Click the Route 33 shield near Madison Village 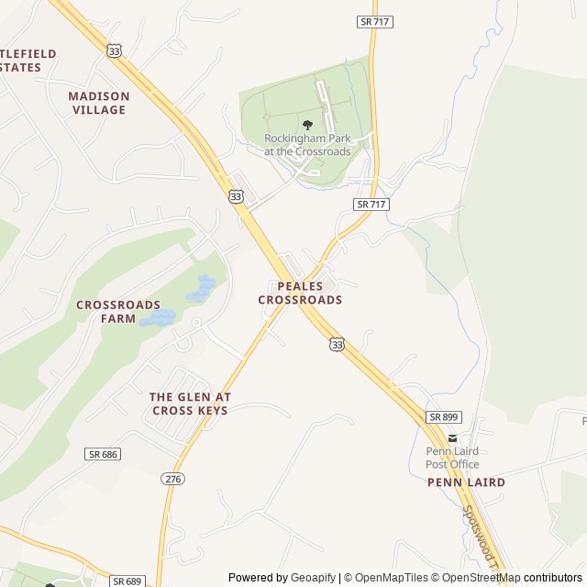(113, 51)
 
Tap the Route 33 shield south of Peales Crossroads (338, 344)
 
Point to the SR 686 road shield (104, 454)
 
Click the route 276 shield (172, 479)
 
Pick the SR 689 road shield (128, 581)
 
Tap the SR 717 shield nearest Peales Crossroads (371, 205)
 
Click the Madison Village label (99, 103)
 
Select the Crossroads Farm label (118, 312)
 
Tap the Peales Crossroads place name (300, 293)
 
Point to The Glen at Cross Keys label (190, 404)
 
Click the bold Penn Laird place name (466, 482)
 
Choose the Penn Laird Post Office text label (452, 458)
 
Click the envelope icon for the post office (452, 437)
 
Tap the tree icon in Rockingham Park (307, 125)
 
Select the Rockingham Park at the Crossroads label (307, 145)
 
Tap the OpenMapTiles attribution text (392, 578)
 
